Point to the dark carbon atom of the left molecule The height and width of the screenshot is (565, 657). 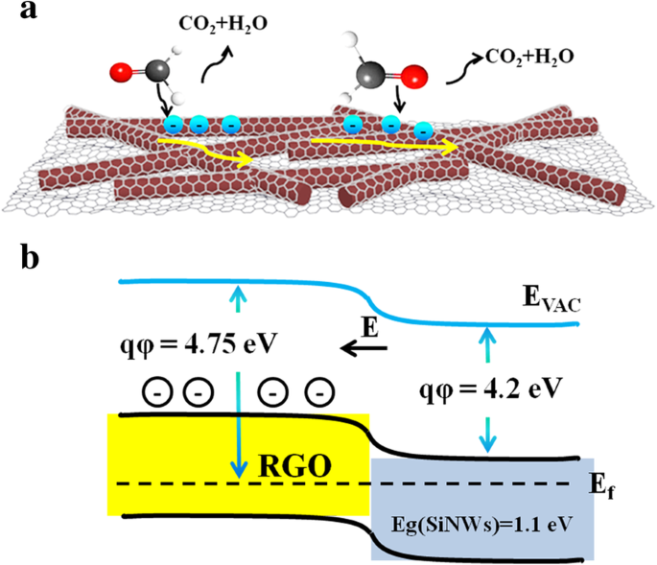(x=157, y=71)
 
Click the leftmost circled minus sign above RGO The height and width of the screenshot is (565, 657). (x=154, y=391)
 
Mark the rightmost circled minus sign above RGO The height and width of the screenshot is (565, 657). (x=317, y=391)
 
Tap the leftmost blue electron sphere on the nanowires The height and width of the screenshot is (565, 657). (x=174, y=124)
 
